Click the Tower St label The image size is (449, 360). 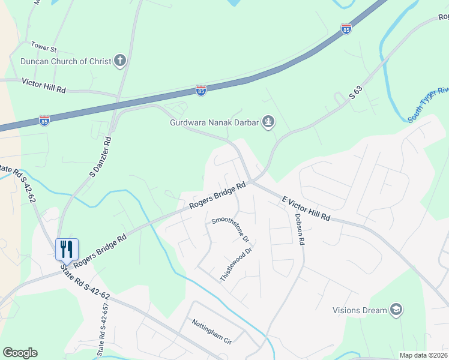pyautogui.click(x=44, y=46)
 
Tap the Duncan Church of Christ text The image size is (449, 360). pyautogui.click(x=66, y=61)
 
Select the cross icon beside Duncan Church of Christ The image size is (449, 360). pyautogui.click(x=120, y=61)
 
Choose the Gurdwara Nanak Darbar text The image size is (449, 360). pyautogui.click(x=214, y=123)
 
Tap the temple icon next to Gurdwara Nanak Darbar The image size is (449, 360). pyautogui.click(x=268, y=123)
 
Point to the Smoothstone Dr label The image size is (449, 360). pyautogui.click(x=231, y=228)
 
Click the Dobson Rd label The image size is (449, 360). pyautogui.click(x=299, y=229)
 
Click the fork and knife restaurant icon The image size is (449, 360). pyautogui.click(x=67, y=248)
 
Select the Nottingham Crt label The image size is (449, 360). pyautogui.click(x=211, y=331)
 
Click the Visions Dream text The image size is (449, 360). pyautogui.click(x=358, y=310)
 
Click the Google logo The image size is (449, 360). pyautogui.click(x=20, y=353)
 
